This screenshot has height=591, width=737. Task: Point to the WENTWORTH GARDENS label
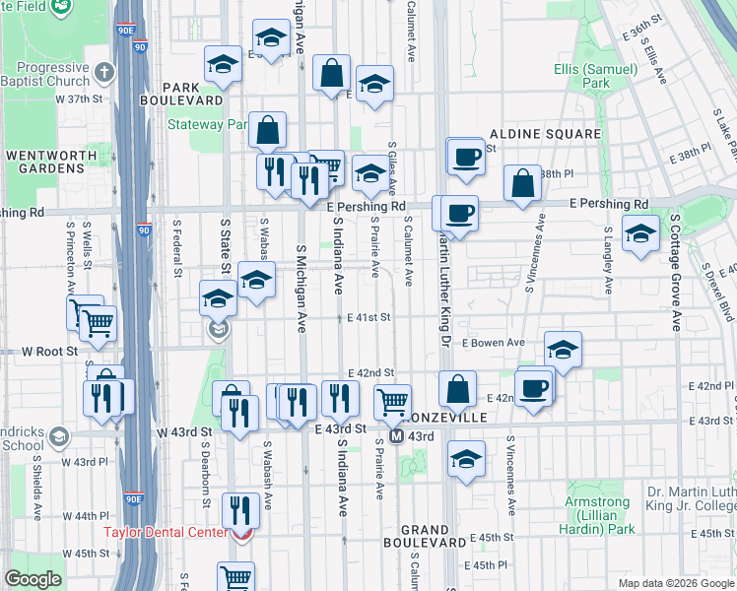[x=45, y=162]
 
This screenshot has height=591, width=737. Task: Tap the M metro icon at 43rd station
[x=397, y=436]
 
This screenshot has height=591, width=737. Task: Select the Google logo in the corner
[x=33, y=579]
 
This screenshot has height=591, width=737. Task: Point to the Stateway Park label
[x=207, y=125]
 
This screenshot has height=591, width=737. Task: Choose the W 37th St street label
[x=79, y=99]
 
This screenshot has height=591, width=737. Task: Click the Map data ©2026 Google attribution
[x=675, y=583]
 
